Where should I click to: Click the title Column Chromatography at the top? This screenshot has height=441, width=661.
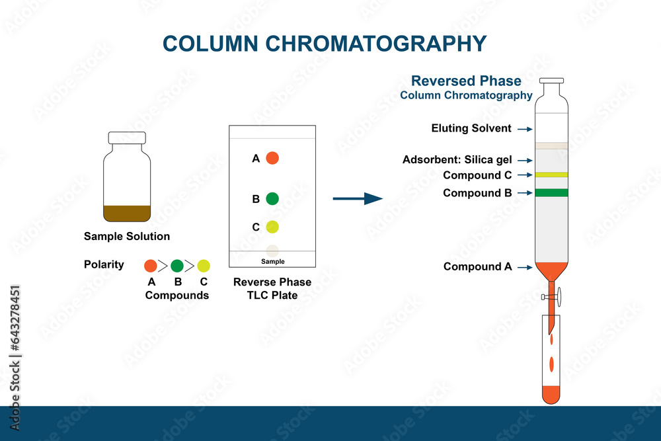click(x=325, y=44)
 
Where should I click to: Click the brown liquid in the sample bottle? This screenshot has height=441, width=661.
click(x=127, y=214)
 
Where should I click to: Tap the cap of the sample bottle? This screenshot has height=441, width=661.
click(x=127, y=138)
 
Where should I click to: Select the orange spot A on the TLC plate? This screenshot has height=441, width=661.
click(x=272, y=158)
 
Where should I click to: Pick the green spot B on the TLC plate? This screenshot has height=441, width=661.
click(x=272, y=198)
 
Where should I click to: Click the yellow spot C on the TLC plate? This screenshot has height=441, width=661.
click(x=272, y=227)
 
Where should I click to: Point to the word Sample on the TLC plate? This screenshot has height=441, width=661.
click(x=272, y=262)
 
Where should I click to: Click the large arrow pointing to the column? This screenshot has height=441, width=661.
click(x=358, y=198)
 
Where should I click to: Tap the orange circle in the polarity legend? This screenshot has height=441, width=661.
click(x=151, y=266)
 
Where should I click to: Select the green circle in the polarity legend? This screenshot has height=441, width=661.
click(x=177, y=266)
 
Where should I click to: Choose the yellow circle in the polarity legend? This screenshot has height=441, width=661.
click(x=204, y=266)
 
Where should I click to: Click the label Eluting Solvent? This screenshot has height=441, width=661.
click(x=471, y=128)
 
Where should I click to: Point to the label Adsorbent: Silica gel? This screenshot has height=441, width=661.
click(x=457, y=160)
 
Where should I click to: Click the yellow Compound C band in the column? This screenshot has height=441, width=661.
click(x=551, y=175)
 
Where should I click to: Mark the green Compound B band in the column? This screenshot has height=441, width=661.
click(x=551, y=192)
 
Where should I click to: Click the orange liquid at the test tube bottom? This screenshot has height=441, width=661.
click(x=551, y=394)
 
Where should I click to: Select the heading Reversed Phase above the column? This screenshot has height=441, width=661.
click(x=466, y=81)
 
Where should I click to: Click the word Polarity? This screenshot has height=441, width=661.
click(x=104, y=264)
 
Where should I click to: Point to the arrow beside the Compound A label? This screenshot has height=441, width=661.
click(x=525, y=267)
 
